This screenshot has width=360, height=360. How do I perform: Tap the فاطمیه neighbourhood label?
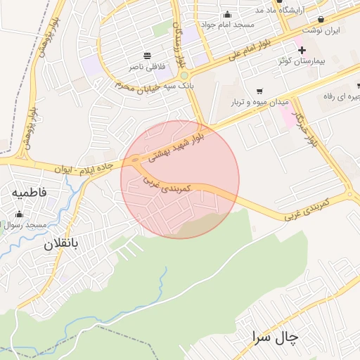pyautogui.click(x=30, y=192)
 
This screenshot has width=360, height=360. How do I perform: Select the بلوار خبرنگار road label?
pyautogui.click(x=306, y=129)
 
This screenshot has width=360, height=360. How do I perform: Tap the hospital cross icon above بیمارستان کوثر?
pyautogui.click(x=302, y=50)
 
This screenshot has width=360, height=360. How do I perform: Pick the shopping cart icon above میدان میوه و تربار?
pyautogui.click(x=259, y=91)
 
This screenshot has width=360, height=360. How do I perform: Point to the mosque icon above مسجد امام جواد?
pyautogui.click(x=227, y=14)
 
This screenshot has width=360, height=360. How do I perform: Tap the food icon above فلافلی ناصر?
pyautogui.click(x=147, y=56)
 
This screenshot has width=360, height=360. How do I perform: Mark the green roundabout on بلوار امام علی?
pyautogui.click(x=184, y=75)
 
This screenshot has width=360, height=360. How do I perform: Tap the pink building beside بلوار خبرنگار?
pyautogui.click(x=288, y=117)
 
